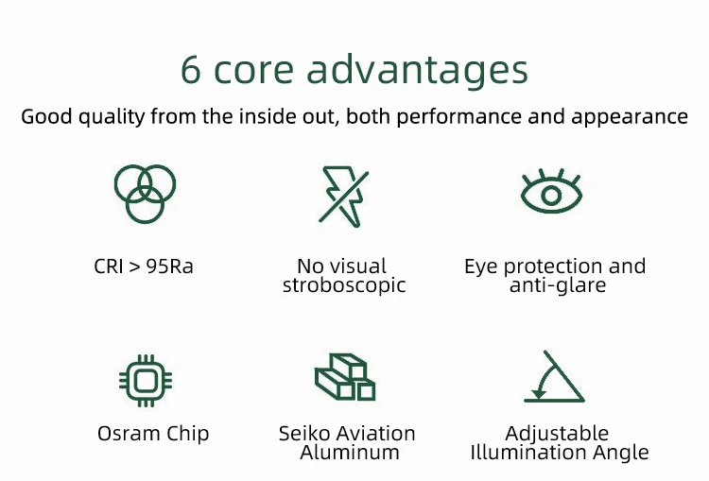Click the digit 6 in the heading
click(x=190, y=70)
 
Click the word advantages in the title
click(x=417, y=72)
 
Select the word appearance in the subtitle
click(x=630, y=117)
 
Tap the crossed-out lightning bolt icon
click(x=344, y=197)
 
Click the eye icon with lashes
click(x=551, y=191)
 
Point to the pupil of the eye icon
click(x=551, y=196)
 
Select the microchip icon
click(x=146, y=381)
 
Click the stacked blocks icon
click(x=345, y=377)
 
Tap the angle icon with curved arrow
click(x=554, y=376)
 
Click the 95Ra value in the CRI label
click(x=169, y=266)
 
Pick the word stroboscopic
click(x=344, y=285)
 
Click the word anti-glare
click(x=558, y=285)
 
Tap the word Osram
click(x=129, y=434)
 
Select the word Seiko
click(x=303, y=434)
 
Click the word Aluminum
click(x=350, y=452)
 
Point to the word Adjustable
click(x=557, y=434)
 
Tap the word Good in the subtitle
click(x=46, y=117)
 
